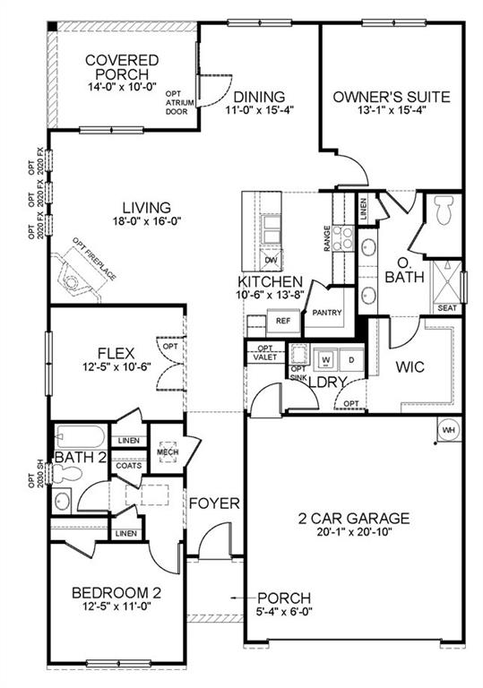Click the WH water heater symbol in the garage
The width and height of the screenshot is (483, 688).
pos(447,430)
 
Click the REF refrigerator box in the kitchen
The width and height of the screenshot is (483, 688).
pos(283,321)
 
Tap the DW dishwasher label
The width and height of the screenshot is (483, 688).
pos(272,260)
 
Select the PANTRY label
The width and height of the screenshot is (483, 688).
pos(322,314)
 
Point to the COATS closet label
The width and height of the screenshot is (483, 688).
pos(128,466)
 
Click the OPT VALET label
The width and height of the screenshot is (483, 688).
pos(265,352)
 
